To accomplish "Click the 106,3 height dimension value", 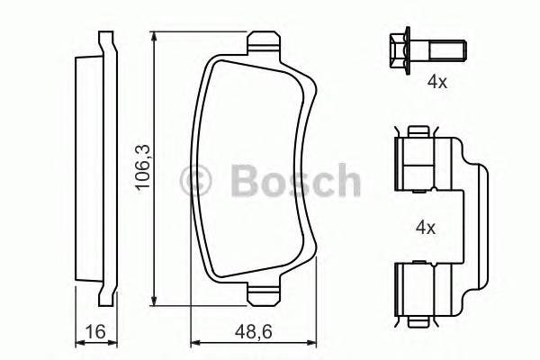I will click(141, 170).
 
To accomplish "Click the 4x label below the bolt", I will click(436, 82).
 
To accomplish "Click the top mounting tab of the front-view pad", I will click(262, 42).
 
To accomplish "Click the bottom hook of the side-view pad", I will click(102, 297).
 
